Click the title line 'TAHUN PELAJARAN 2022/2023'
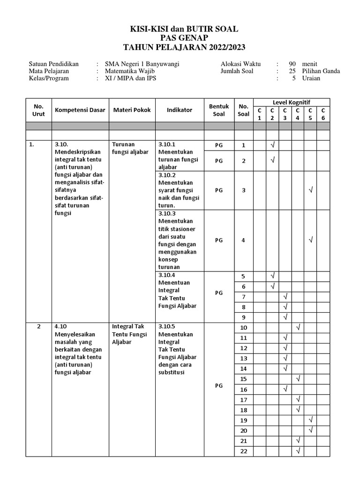[184, 47]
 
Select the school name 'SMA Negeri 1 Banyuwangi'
[142, 64]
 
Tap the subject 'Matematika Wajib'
[130, 71]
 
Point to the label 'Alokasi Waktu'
[240, 64]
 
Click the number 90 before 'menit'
[292, 64]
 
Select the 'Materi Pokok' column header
[132, 110]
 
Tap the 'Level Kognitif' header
[292, 102]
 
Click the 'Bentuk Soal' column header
[218, 110]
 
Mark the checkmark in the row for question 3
[310, 190]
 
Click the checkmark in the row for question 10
[298, 327]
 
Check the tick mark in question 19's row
[310, 420]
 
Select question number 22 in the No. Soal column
[243, 451]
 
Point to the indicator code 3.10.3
[167, 214]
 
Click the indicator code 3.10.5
[167, 327]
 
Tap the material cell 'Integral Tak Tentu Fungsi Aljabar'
[128, 334]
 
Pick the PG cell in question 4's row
[218, 240]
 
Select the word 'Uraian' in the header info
[311, 78]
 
